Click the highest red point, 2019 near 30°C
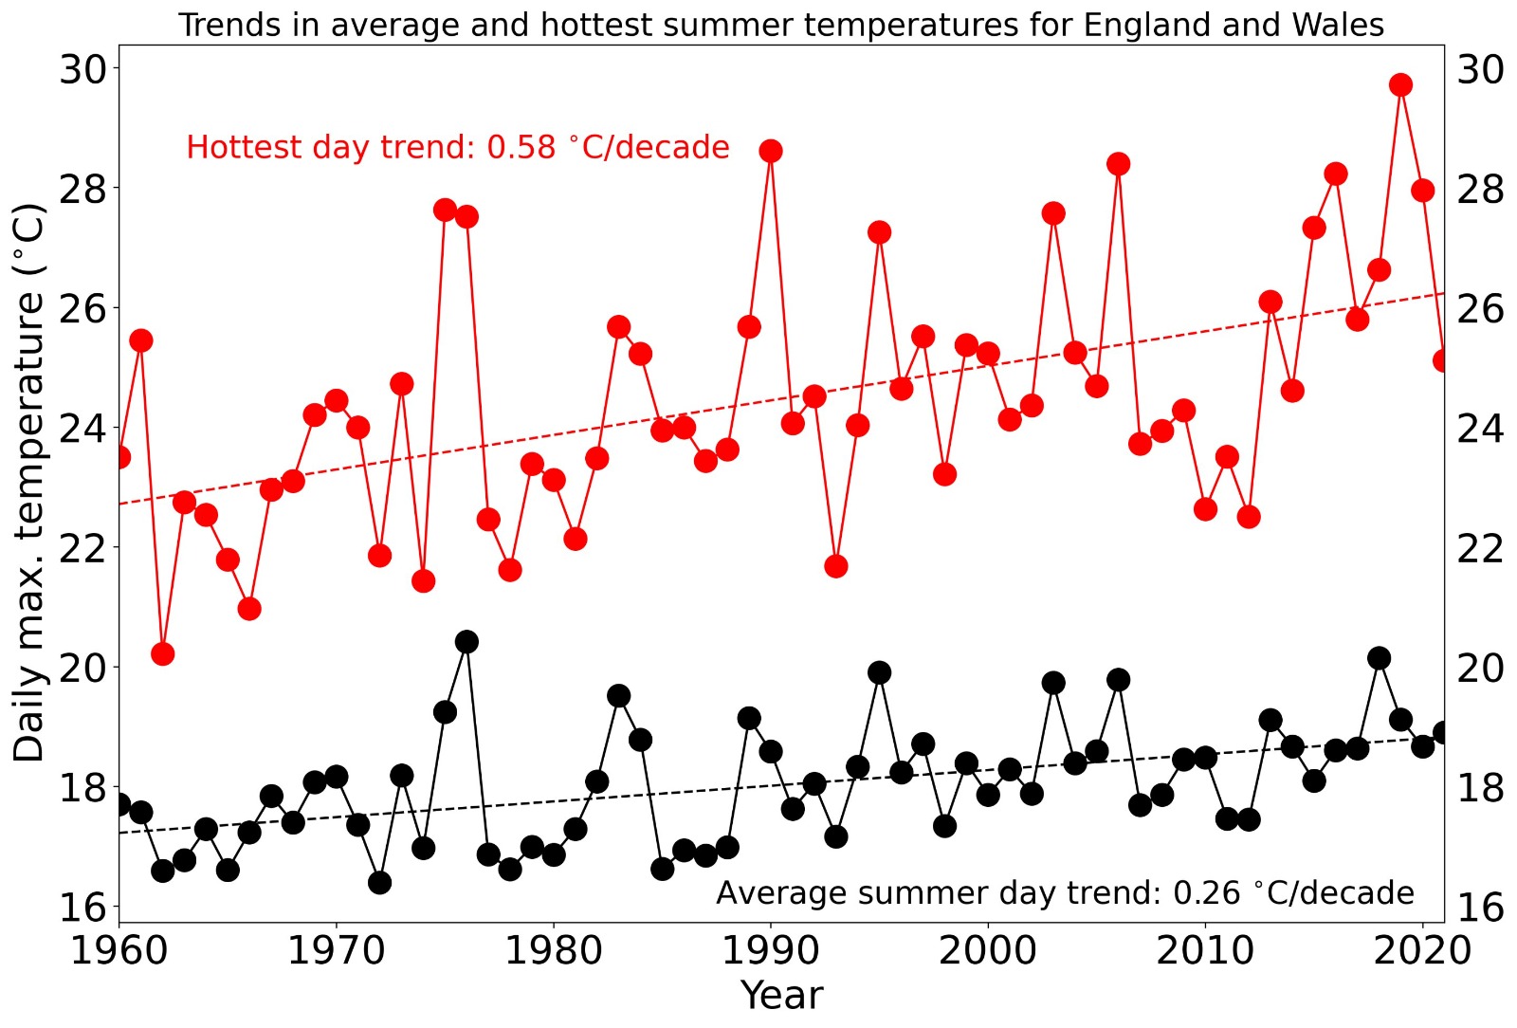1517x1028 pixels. tap(1400, 85)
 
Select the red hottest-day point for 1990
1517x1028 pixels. tap(771, 151)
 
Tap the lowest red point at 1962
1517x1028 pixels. tap(163, 653)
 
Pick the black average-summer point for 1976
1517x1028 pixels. tap(466, 642)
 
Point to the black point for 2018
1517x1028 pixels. tap(1380, 658)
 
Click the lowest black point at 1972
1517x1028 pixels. tap(380, 883)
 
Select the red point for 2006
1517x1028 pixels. tap(1119, 164)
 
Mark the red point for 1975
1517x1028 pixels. tap(445, 210)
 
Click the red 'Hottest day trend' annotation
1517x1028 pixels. tap(457, 147)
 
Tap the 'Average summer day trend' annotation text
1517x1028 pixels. tap(1064, 893)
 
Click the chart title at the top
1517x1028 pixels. tap(781, 25)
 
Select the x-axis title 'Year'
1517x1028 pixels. tap(781, 996)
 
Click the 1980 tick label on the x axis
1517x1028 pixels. tap(553, 950)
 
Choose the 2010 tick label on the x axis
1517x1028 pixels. tap(1204, 950)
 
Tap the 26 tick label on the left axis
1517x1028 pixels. tap(83, 308)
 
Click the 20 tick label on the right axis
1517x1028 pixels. tap(1480, 668)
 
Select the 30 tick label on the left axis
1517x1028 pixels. tap(83, 68)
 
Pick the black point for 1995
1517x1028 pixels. tap(880, 672)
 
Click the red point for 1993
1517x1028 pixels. tap(836, 566)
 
